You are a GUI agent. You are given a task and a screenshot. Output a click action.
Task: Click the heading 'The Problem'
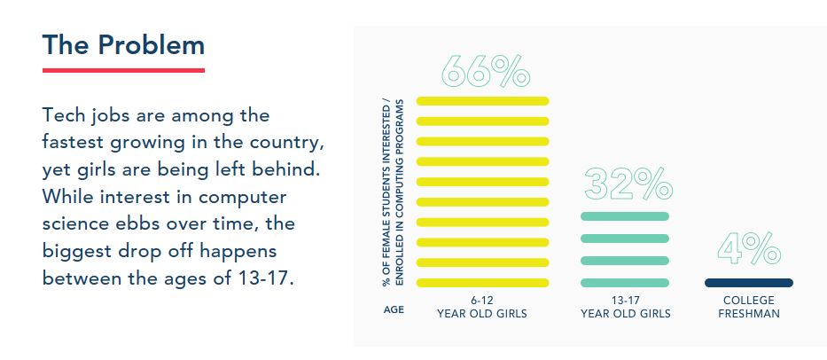(x=123, y=44)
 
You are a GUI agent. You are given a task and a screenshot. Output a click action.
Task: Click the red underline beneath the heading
(x=123, y=70)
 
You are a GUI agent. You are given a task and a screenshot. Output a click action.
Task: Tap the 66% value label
(x=484, y=71)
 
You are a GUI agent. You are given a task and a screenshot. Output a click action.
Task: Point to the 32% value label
(x=628, y=184)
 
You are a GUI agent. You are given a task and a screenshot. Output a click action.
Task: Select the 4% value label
(x=749, y=249)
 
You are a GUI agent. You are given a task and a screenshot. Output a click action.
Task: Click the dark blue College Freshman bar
(x=749, y=283)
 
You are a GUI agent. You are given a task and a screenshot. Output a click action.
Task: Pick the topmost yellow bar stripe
(x=483, y=100)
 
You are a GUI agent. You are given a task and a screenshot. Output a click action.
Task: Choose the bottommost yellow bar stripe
(x=483, y=283)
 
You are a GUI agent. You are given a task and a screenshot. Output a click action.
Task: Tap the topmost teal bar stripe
(x=625, y=216)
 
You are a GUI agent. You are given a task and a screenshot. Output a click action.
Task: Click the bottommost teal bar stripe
(x=625, y=283)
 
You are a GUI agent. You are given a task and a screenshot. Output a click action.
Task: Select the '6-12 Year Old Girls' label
(x=482, y=307)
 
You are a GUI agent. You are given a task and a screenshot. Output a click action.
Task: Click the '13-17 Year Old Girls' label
(x=626, y=307)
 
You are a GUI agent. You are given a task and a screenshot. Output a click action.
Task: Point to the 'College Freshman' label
(x=750, y=307)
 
